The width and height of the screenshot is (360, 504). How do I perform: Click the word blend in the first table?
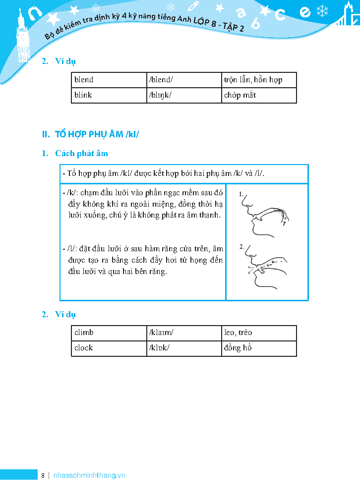pos(84,80)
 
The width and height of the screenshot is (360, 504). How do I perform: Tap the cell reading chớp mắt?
pos(240,95)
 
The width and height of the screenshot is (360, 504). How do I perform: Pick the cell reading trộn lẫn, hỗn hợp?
pos(253,80)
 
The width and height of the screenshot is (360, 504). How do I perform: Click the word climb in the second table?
pos(84,333)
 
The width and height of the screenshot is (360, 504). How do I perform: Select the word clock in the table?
pos(84,348)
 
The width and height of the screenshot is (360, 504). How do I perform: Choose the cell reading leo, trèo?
pos(238,333)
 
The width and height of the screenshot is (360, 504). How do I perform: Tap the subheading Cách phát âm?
pos(81,154)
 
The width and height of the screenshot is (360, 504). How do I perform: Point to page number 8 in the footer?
pos(43,475)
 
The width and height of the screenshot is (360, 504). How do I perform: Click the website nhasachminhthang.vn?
pos(89,475)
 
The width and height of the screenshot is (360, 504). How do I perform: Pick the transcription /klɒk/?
pos(159,348)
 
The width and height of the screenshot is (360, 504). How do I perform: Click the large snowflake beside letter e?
pos(323,10)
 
